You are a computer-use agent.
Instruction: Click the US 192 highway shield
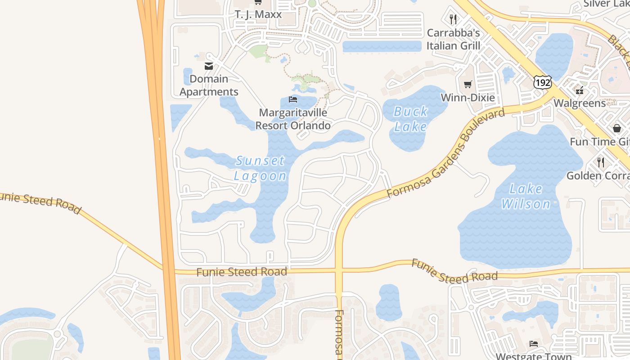pos(542,82)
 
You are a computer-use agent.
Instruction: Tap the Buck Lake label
pos(410,119)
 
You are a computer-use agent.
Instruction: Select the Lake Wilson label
pos(526,196)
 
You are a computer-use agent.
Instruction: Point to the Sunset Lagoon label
pos(261,168)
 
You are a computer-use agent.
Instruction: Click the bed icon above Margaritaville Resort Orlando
pos(293,99)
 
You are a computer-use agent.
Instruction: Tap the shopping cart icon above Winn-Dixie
pos(468,84)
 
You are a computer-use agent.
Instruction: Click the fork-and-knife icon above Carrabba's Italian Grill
pos(453,19)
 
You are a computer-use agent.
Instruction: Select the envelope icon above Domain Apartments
pos(209,66)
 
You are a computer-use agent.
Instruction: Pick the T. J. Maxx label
pos(258,14)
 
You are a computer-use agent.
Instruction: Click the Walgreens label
pos(580,103)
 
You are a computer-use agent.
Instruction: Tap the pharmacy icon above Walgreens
pos(580,90)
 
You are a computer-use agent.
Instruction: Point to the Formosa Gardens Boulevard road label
pos(446,153)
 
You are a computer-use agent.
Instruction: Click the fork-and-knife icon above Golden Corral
pos(600,162)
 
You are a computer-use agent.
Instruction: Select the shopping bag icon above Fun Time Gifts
pos(616,128)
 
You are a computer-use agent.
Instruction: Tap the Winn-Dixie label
pos(468,98)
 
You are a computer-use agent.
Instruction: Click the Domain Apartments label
pos(209,85)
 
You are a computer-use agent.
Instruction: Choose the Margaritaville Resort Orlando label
pos(293,119)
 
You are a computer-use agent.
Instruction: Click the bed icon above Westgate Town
pos(534,344)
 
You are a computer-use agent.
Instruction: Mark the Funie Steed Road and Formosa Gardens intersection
pos(339,271)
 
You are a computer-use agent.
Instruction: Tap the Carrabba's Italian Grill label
pos(453,39)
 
